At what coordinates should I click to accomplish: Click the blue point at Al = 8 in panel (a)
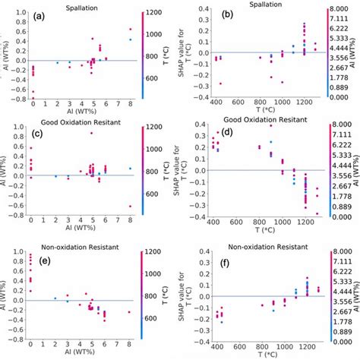(x=130, y=39)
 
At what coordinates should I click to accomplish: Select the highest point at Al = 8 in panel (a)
(x=130, y=30)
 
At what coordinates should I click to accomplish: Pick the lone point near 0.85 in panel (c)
(x=91, y=133)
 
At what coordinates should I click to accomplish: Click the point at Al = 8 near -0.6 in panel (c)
(x=130, y=206)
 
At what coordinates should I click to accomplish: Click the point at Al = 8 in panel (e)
(x=130, y=312)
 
